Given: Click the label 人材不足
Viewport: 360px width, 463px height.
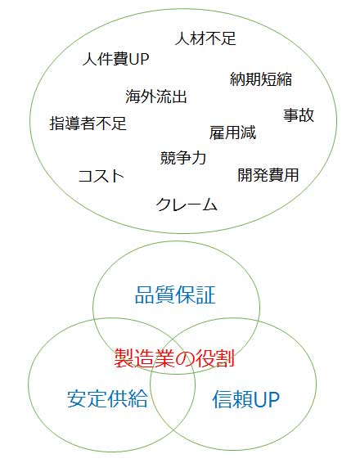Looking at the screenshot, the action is pyautogui.click(x=205, y=38).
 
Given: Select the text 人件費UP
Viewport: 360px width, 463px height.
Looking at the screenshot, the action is pyautogui.click(x=115, y=59).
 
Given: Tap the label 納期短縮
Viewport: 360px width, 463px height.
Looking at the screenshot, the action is pyautogui.click(x=261, y=79).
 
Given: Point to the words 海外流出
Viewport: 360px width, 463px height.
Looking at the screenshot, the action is pyautogui.click(x=156, y=97).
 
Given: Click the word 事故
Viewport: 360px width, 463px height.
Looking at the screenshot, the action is pyautogui.click(x=299, y=115).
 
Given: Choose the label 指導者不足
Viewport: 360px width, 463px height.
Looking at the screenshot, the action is pyautogui.click(x=88, y=124).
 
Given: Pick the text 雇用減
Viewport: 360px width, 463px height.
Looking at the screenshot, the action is pyautogui.click(x=232, y=133).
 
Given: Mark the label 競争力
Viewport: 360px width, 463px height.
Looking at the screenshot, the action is pyautogui.click(x=183, y=157).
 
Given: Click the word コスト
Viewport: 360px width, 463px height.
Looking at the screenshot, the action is pyautogui.click(x=101, y=176).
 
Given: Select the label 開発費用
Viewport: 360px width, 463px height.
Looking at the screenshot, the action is pyautogui.click(x=268, y=174).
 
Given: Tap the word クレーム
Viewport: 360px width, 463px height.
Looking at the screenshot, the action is pyautogui.click(x=187, y=205).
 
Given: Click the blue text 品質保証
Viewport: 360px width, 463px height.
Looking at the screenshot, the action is pyautogui.click(x=175, y=294).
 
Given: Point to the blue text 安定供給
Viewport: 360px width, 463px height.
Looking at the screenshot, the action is pyautogui.click(x=107, y=398).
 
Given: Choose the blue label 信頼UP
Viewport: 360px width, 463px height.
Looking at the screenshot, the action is pyautogui.click(x=246, y=399).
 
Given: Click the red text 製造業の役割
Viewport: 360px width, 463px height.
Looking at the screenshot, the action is pyautogui.click(x=174, y=357).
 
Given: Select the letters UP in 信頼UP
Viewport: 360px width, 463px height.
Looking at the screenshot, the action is pyautogui.click(x=267, y=400).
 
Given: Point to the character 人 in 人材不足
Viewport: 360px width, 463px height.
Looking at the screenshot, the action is pyautogui.click(x=182, y=38).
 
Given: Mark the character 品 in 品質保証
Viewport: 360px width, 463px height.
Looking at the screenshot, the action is pyautogui.click(x=145, y=294).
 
